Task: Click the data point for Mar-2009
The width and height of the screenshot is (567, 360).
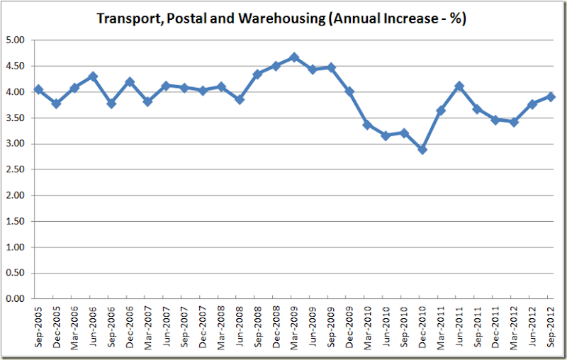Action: (295, 57)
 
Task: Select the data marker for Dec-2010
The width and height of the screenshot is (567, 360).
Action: (422, 150)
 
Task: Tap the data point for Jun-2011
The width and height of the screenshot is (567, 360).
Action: (459, 86)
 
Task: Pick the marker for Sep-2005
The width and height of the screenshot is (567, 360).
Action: (38, 90)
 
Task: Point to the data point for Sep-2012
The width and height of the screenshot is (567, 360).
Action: (551, 97)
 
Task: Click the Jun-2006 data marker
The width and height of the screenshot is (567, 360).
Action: (93, 77)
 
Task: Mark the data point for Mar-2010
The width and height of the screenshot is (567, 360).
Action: (368, 125)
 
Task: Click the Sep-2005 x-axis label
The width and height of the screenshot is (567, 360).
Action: (38, 327)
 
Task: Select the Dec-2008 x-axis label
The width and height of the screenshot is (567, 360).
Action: (276, 327)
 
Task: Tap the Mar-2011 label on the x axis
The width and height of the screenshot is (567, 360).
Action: (441, 327)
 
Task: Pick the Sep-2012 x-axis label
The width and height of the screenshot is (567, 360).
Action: (551, 327)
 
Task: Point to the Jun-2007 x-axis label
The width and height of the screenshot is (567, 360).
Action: (167, 327)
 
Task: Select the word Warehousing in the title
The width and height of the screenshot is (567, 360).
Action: (283, 18)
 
